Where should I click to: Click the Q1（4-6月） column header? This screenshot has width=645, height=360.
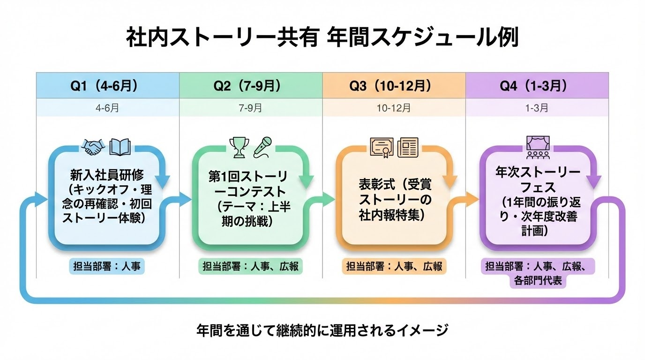click(x=108, y=86)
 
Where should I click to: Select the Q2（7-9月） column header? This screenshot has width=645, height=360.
click(x=251, y=86)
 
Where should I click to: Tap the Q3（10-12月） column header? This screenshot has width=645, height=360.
click(x=394, y=86)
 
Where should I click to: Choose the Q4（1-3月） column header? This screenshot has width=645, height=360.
click(x=537, y=86)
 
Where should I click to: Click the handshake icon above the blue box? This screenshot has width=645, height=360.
click(x=93, y=148)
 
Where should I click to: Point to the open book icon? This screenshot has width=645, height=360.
click(x=120, y=148)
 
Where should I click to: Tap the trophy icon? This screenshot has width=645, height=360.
click(x=237, y=148)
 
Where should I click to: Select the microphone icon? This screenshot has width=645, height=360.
click(x=263, y=147)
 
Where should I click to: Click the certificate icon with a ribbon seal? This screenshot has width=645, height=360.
click(x=382, y=148)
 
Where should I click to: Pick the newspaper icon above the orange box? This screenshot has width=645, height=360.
click(x=407, y=148)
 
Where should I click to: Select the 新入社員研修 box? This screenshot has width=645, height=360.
click(x=107, y=197)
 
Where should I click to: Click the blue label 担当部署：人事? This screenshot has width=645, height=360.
click(x=107, y=266)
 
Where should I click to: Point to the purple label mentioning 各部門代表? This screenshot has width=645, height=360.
click(x=537, y=274)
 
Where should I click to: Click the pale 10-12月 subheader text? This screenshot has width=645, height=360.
click(x=394, y=108)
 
